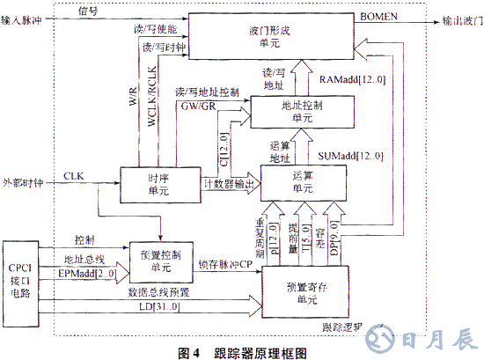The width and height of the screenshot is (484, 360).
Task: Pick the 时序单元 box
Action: [158, 183]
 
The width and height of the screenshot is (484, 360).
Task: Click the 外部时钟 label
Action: [23, 182]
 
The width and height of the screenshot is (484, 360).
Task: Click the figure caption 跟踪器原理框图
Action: [260, 351]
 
